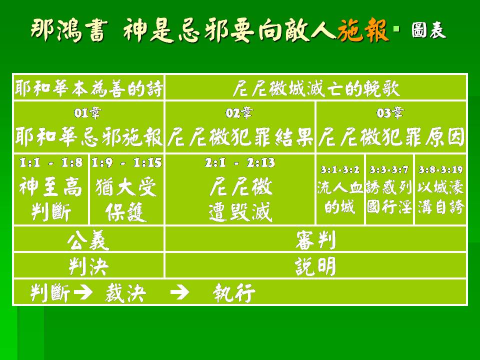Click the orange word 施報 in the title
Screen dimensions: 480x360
tap(363, 29)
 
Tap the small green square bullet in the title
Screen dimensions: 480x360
tap(396, 29)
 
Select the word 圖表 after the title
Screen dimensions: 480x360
tap(428, 30)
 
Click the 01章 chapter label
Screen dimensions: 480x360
tap(87, 113)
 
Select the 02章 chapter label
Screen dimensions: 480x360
tap(239, 113)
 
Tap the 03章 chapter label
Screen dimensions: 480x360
tap(389, 113)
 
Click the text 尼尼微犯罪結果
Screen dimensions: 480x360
tap(240, 136)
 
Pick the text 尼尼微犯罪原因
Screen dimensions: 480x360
tap(391, 136)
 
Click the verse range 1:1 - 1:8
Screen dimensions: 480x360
tap(51, 162)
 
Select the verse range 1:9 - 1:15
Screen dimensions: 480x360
tap(126, 162)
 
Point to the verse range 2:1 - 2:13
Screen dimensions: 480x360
tap(240, 162)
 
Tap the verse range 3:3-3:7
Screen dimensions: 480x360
tap(389, 169)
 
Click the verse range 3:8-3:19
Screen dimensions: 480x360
tap(440, 169)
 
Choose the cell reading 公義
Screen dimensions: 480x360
tap(88, 239)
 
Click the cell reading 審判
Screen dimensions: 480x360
tap(315, 239)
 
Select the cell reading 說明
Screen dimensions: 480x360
tap(315, 266)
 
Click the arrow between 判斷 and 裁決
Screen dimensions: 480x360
tap(83, 292)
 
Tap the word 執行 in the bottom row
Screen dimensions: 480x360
tap(234, 292)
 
